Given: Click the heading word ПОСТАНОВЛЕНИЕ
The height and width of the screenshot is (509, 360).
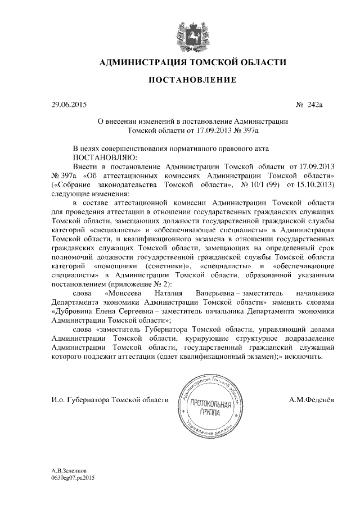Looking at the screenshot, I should coord(192,81).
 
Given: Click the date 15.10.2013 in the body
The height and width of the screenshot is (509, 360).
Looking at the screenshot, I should coord(316,184).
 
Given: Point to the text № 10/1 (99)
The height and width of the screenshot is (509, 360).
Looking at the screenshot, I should coord(260,184).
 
